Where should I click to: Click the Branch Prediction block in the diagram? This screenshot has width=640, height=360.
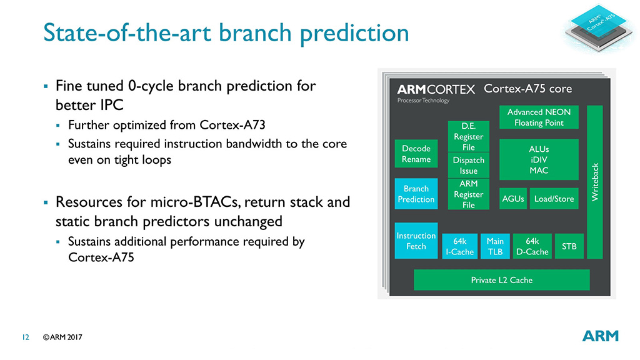[416, 194]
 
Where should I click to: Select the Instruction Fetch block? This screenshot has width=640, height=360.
[416, 241]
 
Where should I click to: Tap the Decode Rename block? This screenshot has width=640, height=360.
[416, 154]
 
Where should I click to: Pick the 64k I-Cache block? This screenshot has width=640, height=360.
[459, 246]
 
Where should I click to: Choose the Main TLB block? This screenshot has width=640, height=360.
[495, 246]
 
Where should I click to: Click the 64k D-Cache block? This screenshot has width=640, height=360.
[532, 246]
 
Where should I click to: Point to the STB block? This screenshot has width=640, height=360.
[569, 246]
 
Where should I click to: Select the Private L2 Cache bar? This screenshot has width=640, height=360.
[502, 280]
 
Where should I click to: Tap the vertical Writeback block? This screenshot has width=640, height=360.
[595, 182]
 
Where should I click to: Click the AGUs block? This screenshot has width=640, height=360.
[513, 199]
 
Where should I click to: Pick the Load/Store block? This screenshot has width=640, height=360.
[554, 199]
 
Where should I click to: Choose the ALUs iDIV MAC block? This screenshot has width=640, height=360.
[539, 159]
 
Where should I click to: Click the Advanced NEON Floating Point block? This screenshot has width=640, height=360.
[539, 117]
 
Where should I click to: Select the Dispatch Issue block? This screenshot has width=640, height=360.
[469, 165]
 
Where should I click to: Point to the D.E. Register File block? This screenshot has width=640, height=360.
[469, 136]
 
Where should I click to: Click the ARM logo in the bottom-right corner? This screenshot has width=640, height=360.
[601, 336]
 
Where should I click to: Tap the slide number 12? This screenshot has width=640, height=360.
[26, 337]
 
